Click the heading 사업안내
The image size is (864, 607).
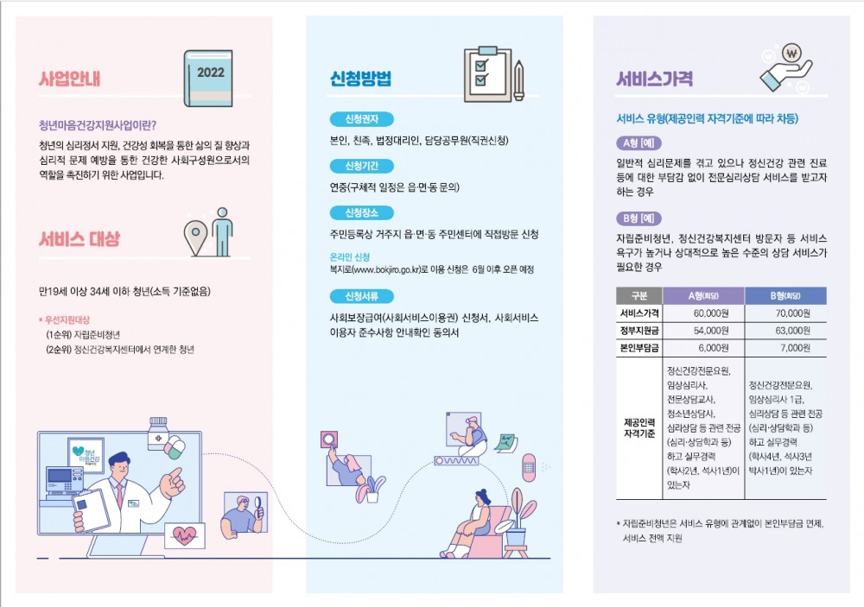[69, 79]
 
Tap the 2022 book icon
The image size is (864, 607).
[208, 79]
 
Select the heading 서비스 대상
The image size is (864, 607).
[79, 238]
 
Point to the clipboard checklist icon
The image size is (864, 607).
[493, 75]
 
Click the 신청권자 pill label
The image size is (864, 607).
[361, 119]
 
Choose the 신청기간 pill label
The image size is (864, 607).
[361, 166]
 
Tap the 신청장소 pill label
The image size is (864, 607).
[361, 212]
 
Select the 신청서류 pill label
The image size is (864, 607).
[361, 296]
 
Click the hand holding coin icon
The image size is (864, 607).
[786, 68]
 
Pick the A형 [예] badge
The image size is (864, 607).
[638, 143]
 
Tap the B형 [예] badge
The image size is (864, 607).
[638, 218]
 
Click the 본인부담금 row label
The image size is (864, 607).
[639, 348]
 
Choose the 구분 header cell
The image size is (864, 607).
[639, 296]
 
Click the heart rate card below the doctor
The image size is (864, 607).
[185, 534]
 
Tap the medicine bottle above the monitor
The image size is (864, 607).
[159, 433]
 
